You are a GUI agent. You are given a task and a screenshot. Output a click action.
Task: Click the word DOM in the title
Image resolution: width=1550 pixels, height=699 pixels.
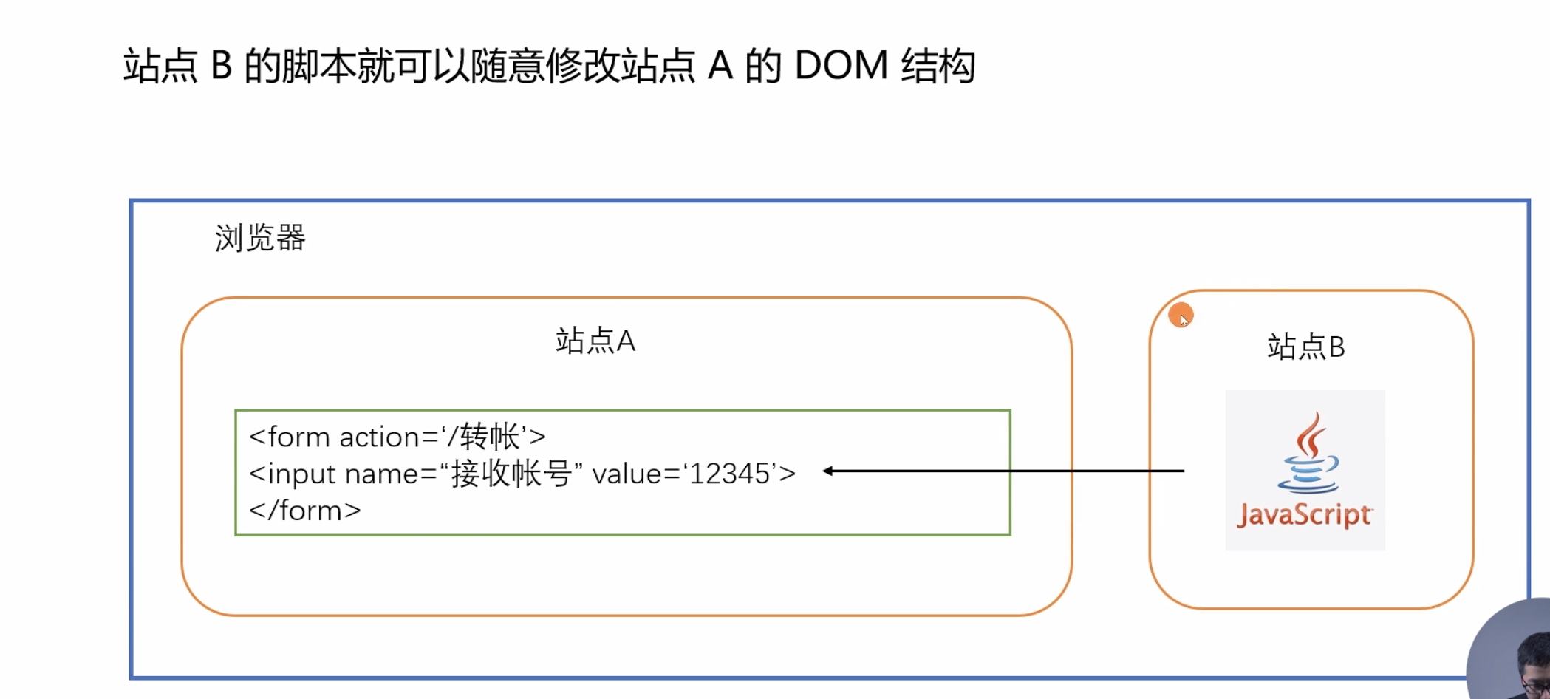[841, 67]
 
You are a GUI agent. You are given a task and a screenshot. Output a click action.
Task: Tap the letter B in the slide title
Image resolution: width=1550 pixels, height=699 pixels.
[222, 67]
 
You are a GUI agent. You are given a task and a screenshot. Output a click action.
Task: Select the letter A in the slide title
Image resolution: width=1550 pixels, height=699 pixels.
[720, 67]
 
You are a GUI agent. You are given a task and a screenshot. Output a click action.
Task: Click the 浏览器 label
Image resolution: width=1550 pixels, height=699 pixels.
[260, 239]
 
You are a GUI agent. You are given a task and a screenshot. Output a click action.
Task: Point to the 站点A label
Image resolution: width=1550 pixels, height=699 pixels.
[595, 341]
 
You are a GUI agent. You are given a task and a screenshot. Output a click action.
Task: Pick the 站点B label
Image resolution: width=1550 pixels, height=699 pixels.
[1306, 347]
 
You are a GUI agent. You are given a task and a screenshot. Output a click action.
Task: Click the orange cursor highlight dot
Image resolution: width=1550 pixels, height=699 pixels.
[1181, 316]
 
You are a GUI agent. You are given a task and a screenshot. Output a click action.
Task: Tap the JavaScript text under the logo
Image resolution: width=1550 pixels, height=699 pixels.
[1305, 515]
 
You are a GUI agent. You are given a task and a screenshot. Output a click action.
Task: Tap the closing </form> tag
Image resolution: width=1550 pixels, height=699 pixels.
[305, 511]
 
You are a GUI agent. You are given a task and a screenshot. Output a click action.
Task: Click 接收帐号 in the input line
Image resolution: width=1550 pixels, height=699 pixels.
[511, 474]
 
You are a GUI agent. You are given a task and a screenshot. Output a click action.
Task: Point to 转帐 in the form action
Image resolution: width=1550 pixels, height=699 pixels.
[490, 437]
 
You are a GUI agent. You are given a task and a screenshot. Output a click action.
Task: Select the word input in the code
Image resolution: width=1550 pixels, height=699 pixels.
[301, 474]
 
